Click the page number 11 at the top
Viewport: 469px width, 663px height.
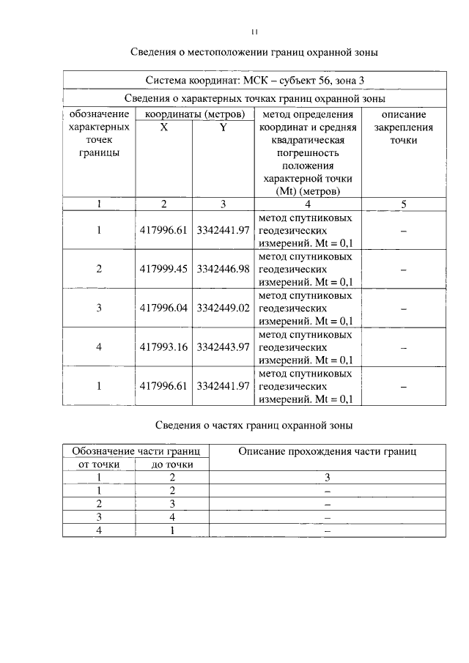pyautogui.click(x=254, y=32)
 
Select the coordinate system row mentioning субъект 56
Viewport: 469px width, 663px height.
pyautogui.click(x=254, y=80)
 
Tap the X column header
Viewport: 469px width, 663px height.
pyautogui.click(x=163, y=127)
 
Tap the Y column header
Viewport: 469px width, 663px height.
pyautogui.click(x=223, y=127)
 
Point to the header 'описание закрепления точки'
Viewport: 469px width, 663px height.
pyautogui.click(x=404, y=127)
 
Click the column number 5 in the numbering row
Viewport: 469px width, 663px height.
pyautogui.click(x=404, y=204)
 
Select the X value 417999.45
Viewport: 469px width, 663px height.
pyautogui.click(x=164, y=269)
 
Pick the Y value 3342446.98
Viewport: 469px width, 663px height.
pyautogui.click(x=223, y=269)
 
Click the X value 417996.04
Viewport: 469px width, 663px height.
pyautogui.click(x=164, y=308)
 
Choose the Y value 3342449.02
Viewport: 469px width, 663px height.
pyautogui.click(x=223, y=308)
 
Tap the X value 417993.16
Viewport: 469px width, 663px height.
pyautogui.click(x=164, y=347)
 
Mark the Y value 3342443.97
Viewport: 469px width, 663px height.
pyautogui.click(x=223, y=347)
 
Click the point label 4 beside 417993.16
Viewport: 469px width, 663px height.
pyautogui.click(x=99, y=347)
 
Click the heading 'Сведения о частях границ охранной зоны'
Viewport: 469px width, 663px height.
pyautogui.click(x=254, y=425)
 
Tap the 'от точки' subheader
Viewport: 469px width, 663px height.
pyautogui.click(x=99, y=464)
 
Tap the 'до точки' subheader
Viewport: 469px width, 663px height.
pyautogui.click(x=172, y=464)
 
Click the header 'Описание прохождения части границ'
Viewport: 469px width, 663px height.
pyautogui.click(x=328, y=452)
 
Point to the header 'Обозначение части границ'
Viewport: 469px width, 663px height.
pyautogui.click(x=136, y=451)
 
